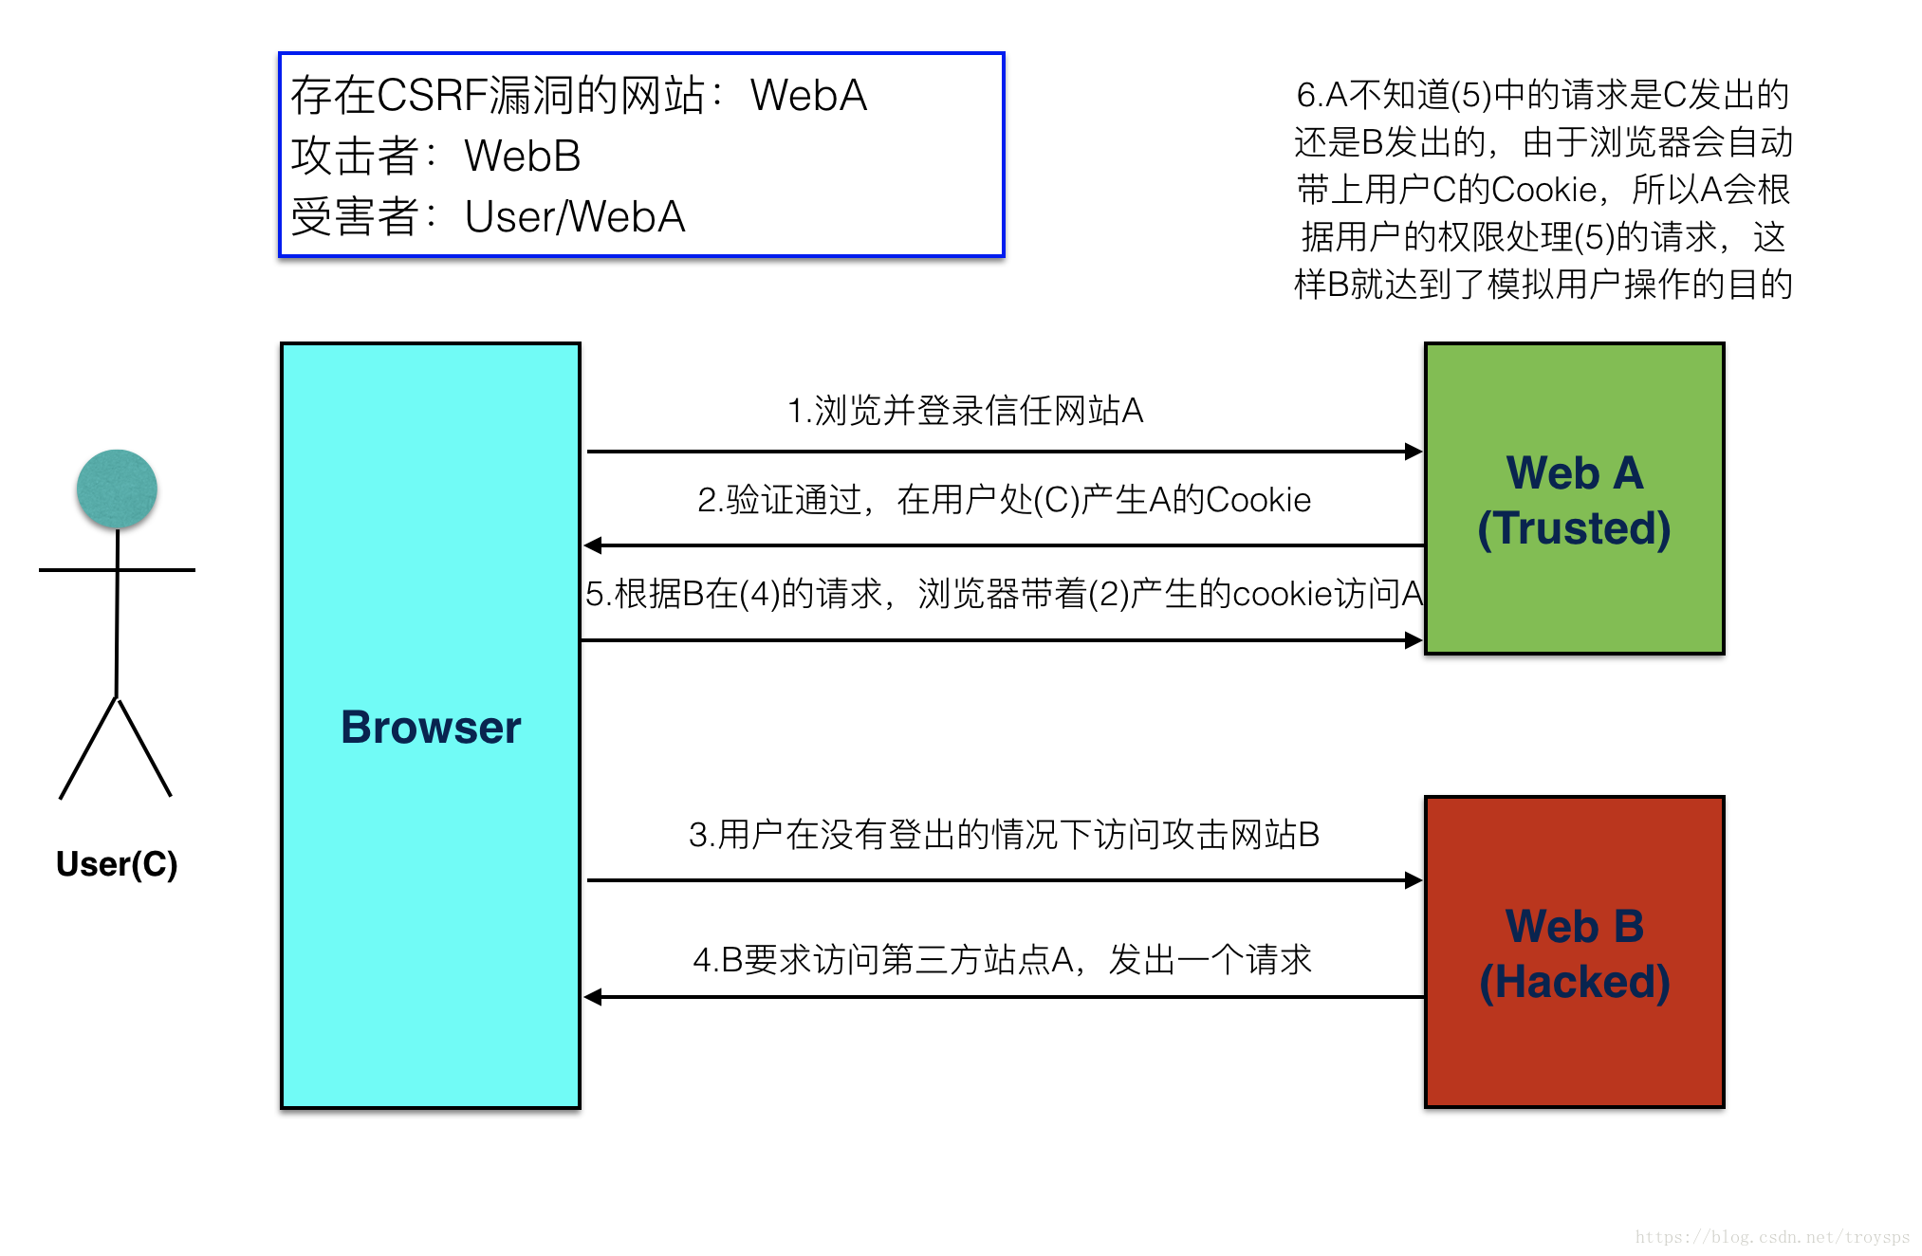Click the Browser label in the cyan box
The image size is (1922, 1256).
click(431, 728)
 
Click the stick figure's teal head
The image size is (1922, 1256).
click(117, 489)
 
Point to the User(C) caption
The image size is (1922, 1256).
click(117, 864)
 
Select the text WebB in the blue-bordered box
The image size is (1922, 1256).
click(523, 156)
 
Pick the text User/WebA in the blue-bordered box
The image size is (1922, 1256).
click(575, 216)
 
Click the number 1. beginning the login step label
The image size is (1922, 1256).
click(799, 411)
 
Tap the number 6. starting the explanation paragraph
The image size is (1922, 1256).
click(1308, 95)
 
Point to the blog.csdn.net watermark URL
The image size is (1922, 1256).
click(1772, 1237)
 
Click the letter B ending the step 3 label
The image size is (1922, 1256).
click(1309, 835)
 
